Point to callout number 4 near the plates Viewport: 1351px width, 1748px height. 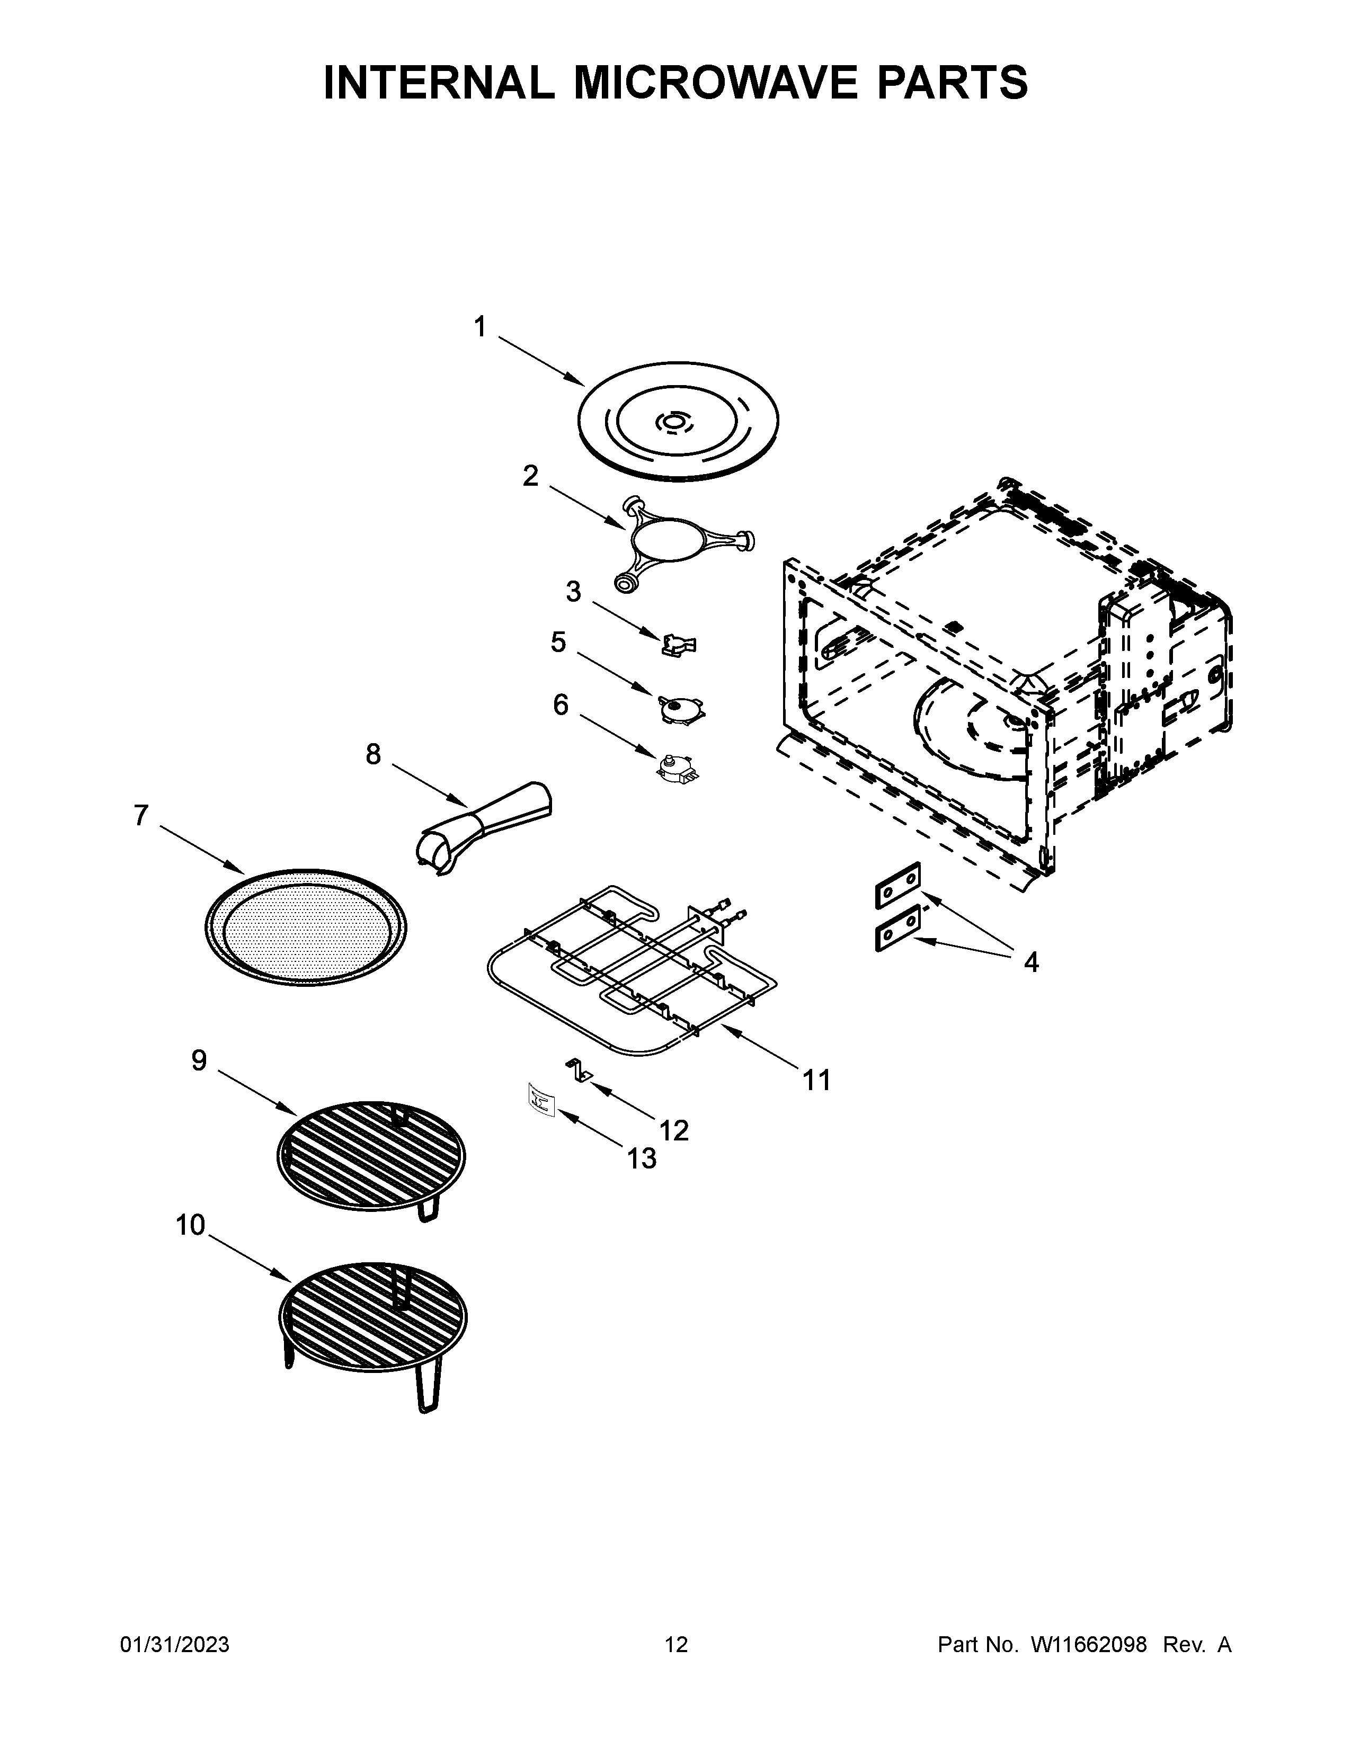click(1031, 962)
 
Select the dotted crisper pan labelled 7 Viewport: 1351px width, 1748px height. click(305, 927)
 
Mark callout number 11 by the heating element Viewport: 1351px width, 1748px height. click(816, 1081)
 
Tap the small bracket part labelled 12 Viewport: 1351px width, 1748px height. click(579, 1070)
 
